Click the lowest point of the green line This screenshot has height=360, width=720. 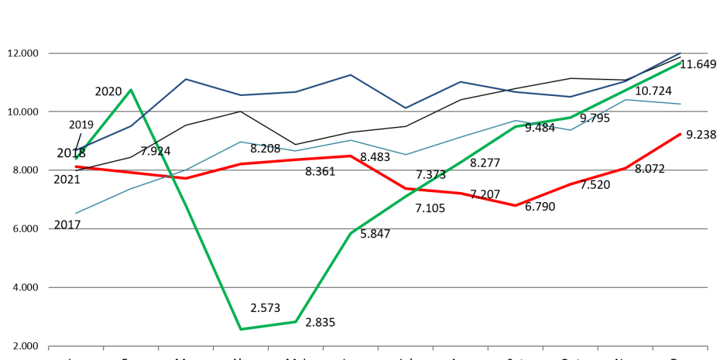pyautogui.click(x=241, y=329)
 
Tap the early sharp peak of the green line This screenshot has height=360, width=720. pyautogui.click(x=131, y=90)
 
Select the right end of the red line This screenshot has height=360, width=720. pyautogui.click(x=681, y=134)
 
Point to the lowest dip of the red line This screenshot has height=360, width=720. pyautogui.click(x=515, y=205)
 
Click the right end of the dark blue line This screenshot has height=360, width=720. pyautogui.click(x=681, y=52)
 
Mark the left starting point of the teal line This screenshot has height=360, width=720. pyautogui.click(x=76, y=213)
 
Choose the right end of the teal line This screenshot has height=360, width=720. pyautogui.click(x=681, y=104)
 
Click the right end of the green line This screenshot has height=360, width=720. pyautogui.click(x=681, y=63)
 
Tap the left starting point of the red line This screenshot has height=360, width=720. pyautogui.click(x=76, y=167)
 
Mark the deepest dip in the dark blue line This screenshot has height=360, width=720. pyautogui.click(x=405, y=108)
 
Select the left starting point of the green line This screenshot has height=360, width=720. pyautogui.click(x=76, y=158)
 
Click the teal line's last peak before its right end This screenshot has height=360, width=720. pyautogui.click(x=625, y=100)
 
